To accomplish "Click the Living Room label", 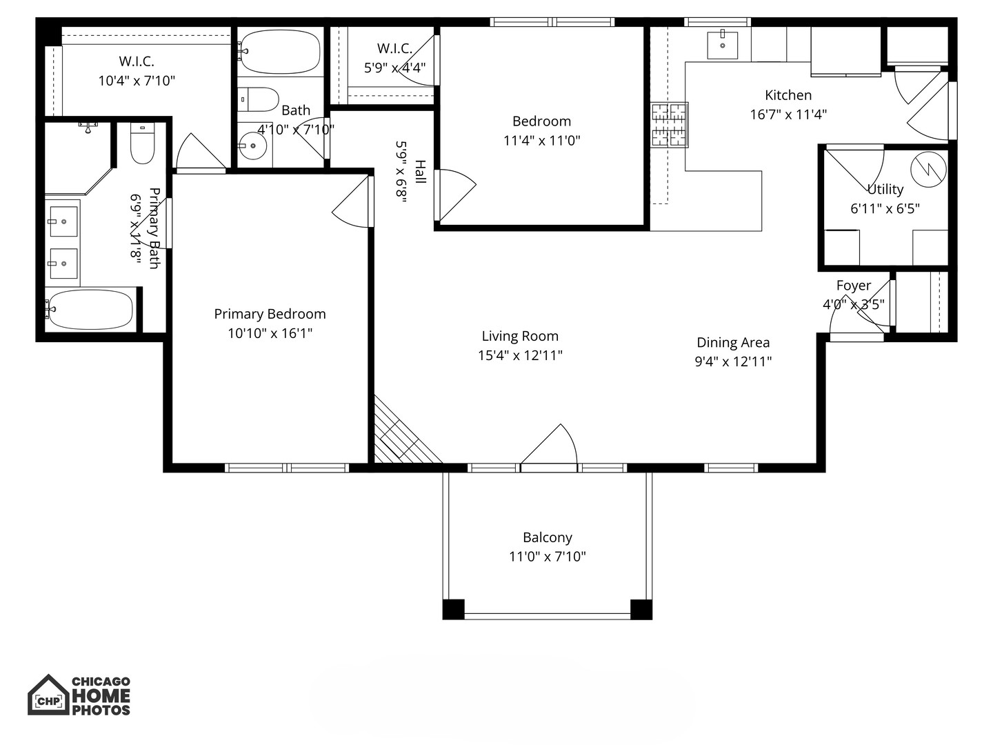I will (x=520, y=337).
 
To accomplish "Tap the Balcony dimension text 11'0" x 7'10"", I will (x=548, y=557).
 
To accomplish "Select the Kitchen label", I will (x=788, y=95).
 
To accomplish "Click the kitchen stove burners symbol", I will (x=670, y=125).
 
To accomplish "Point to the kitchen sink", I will (x=722, y=46).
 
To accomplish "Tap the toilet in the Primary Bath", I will (x=143, y=143).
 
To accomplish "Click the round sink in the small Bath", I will (x=253, y=146).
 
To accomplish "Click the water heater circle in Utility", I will (x=927, y=169).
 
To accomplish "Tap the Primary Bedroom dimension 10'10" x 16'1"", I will (x=270, y=333).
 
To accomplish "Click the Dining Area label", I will (x=733, y=343).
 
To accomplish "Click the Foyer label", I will (x=853, y=286).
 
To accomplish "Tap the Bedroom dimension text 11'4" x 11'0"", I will (x=541, y=141).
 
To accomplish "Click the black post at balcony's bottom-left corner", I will (x=453, y=610).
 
